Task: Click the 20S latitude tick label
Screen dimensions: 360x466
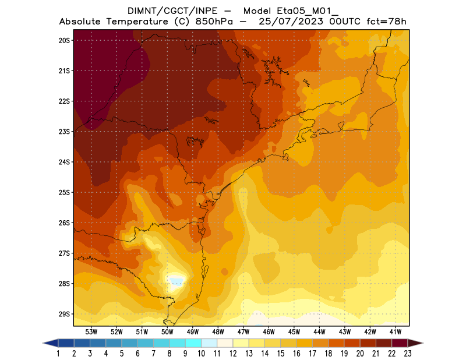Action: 64,40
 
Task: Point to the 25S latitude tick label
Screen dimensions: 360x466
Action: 64,192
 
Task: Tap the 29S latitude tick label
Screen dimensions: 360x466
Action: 64,314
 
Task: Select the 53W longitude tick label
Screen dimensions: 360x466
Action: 91,332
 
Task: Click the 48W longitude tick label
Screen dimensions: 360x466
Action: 218,332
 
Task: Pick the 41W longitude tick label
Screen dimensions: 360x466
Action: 396,332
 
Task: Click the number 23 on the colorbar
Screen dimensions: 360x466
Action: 407,353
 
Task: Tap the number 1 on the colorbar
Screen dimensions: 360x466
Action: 59,353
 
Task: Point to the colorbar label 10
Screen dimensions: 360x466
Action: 202,353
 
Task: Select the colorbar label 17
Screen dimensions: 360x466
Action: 312,353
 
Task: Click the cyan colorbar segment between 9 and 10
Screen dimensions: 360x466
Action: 193,343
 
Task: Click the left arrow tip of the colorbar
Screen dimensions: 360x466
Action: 45,343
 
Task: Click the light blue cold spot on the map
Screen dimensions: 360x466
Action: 175,283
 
